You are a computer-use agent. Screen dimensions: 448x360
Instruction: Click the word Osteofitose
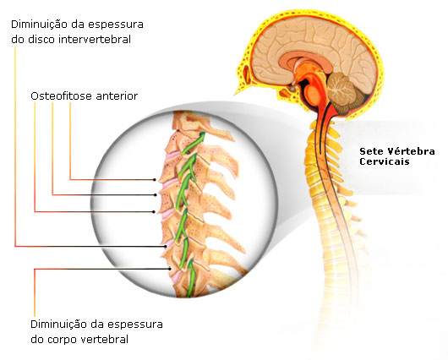pos(62,96)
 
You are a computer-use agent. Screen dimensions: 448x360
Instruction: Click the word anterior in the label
pos(117,96)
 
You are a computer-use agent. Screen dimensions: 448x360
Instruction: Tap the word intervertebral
pos(95,40)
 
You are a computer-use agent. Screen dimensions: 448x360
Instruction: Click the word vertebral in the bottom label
pos(104,340)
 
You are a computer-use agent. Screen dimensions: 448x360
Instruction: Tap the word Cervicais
pos(385,161)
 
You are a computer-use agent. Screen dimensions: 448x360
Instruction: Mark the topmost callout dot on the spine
pos(155,180)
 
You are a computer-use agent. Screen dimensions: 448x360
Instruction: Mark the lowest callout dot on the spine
pos(170,269)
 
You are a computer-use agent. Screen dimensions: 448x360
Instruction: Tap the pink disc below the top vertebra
pos(172,155)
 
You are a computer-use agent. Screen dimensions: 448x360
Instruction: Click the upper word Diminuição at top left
pos(40,25)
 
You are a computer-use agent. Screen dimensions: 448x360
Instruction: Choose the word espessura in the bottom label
pos(135,325)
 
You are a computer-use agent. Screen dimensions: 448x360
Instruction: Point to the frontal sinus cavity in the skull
pos(246,74)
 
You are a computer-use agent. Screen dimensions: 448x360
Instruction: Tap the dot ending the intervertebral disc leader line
pos(166,247)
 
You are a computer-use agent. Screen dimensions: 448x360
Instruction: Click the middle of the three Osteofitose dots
pos(156,195)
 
